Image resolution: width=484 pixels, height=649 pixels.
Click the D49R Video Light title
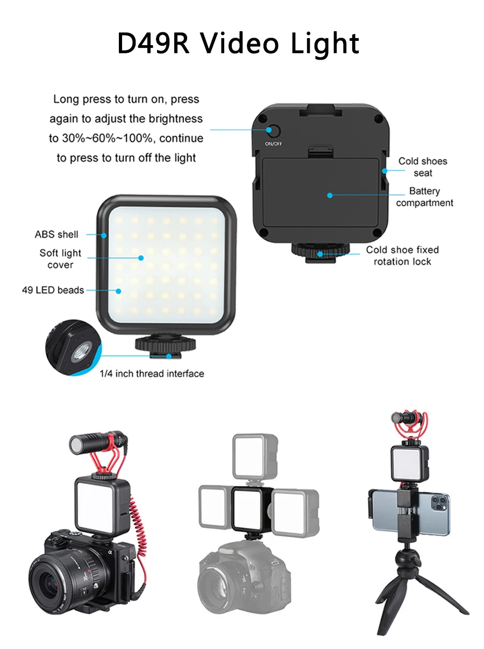238,44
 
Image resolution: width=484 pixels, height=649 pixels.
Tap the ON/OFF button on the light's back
273,131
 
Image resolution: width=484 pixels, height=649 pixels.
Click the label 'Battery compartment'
424,197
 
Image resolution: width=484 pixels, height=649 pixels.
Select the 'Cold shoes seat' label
423,167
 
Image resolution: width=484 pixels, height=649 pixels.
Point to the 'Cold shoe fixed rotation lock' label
402,255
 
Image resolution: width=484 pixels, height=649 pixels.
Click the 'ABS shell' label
56,234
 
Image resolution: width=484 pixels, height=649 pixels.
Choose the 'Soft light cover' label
60,259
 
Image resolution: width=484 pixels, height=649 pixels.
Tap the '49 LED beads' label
53,290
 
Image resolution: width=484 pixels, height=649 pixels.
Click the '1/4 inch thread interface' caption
152,373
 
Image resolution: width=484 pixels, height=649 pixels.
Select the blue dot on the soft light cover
141,258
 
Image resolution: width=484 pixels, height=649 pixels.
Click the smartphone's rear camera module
438,504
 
